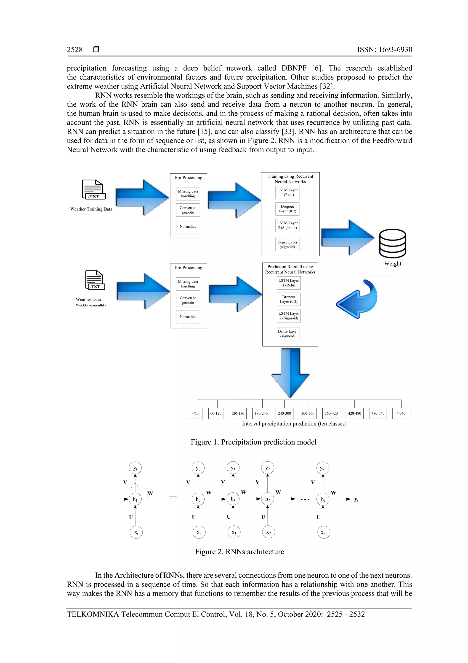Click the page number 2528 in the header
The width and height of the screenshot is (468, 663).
point(74,50)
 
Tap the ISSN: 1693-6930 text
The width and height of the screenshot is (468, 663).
point(384,50)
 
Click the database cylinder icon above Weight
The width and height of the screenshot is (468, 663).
point(392,244)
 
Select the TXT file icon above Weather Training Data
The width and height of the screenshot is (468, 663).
point(94,190)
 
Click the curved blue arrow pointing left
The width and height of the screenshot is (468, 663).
point(358,299)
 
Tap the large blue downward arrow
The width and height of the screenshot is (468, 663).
point(290,373)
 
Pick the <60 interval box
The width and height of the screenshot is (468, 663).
point(195,413)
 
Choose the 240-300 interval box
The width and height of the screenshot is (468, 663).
point(284,413)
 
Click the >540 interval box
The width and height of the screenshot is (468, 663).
point(401,413)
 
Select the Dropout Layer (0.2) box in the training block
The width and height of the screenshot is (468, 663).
point(287,209)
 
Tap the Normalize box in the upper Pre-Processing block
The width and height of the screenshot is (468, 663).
point(188,226)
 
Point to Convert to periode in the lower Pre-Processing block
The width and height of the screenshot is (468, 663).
point(188,300)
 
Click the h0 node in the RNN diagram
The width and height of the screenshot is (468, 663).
point(198,499)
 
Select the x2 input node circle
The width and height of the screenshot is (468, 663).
point(269,532)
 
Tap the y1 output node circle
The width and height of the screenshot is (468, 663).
point(233,468)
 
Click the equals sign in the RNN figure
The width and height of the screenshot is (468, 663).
point(173,498)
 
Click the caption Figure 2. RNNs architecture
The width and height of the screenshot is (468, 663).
point(239,552)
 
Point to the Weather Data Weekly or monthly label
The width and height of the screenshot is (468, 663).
point(90,302)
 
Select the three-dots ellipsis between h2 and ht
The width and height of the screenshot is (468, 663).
point(305,499)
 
